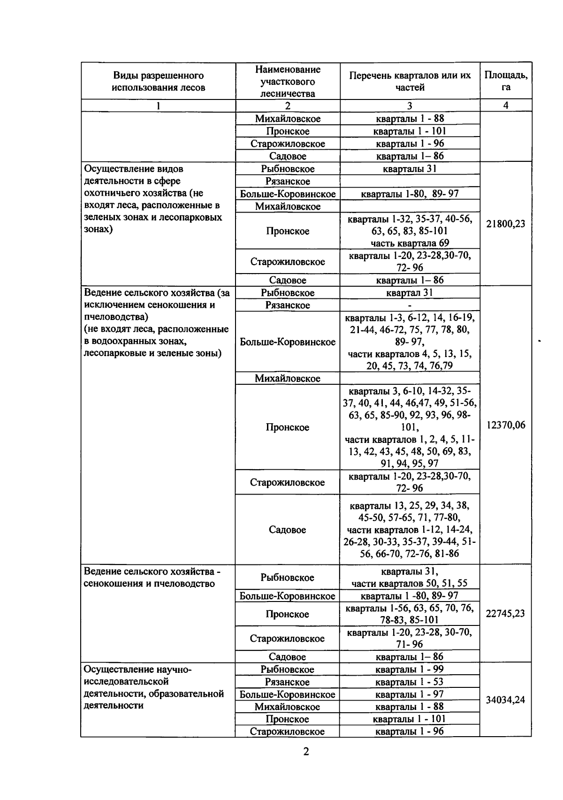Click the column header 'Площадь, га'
click(505, 81)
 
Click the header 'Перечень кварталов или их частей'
click(410, 81)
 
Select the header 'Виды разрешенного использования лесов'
click(158, 81)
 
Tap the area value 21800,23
click(505, 224)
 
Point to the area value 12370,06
click(505, 425)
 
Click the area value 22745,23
click(505, 614)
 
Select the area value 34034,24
click(505, 700)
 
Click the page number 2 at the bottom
click(306, 752)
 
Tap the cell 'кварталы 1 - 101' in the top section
click(410, 131)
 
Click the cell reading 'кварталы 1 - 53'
click(410, 682)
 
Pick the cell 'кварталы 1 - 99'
click(410, 669)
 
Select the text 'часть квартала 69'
click(410, 243)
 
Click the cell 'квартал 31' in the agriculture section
click(410, 293)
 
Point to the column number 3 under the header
click(410, 106)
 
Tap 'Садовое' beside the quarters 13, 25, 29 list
click(287, 530)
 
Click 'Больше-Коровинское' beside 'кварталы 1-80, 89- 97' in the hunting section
click(288, 194)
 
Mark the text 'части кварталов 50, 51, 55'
click(410, 584)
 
